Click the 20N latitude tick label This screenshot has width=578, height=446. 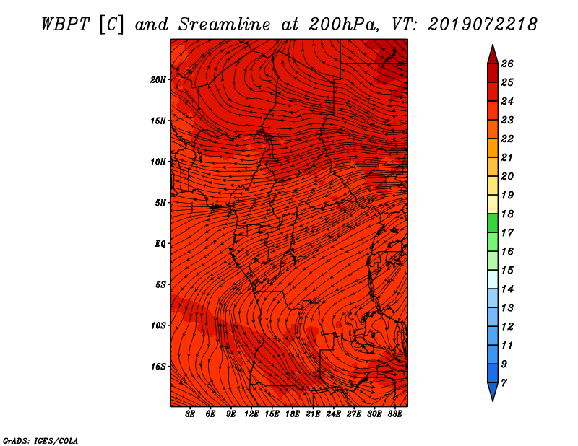tap(158, 80)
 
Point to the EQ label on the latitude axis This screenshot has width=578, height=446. tap(160, 244)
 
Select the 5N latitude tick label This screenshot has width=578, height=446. tap(160, 203)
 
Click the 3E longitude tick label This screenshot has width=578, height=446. tap(190, 414)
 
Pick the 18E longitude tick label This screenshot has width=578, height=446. tap(293, 414)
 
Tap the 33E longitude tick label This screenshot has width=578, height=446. tap(394, 414)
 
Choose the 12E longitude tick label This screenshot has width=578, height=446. tap(251, 414)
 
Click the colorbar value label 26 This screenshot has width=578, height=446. tap(507, 64)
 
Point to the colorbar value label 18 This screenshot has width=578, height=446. tap(507, 214)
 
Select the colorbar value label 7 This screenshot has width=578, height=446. tap(504, 383)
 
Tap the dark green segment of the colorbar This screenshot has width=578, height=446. tap(493, 223)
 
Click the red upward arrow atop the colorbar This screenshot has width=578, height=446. tap(493, 55)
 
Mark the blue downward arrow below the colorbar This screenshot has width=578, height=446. tap(493, 392)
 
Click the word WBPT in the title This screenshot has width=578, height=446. tap(65, 25)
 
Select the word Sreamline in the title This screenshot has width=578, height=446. tap(225, 25)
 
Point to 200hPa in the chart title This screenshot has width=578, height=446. tap(344, 25)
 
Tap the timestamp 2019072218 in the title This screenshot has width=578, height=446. tap(483, 25)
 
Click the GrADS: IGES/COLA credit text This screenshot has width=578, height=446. tap(40, 441)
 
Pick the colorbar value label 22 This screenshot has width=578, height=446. tap(507, 139)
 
